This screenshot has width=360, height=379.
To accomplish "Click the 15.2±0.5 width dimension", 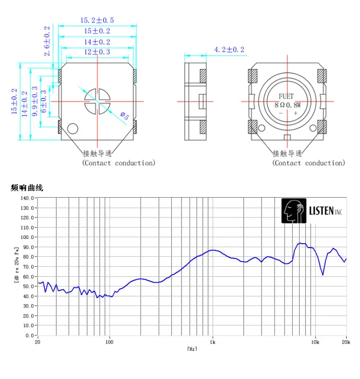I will [x=97, y=20].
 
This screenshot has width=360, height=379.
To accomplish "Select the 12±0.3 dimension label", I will [x=97, y=52].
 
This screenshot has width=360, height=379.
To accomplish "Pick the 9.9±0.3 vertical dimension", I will [x=34, y=98].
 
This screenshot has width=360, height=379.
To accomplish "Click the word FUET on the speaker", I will [x=287, y=96].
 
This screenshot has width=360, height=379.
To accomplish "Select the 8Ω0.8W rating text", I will [x=288, y=105].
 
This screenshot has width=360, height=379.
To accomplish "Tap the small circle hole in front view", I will [x=73, y=128].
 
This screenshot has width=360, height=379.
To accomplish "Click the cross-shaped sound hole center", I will [x=97, y=101].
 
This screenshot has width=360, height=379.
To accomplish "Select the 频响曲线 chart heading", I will [x=27, y=188].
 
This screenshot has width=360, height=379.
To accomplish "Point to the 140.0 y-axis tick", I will [x=27, y=198].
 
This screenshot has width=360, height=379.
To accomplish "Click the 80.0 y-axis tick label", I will [x=27, y=257].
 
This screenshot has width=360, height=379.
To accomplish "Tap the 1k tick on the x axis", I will [x=213, y=343].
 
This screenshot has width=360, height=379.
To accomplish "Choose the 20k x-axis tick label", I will [x=346, y=343].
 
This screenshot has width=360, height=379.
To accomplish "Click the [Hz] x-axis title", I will [x=192, y=349].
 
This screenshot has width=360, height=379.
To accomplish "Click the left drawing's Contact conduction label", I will [x=119, y=163].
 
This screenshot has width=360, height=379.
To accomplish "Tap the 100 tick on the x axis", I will [x=109, y=343].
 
